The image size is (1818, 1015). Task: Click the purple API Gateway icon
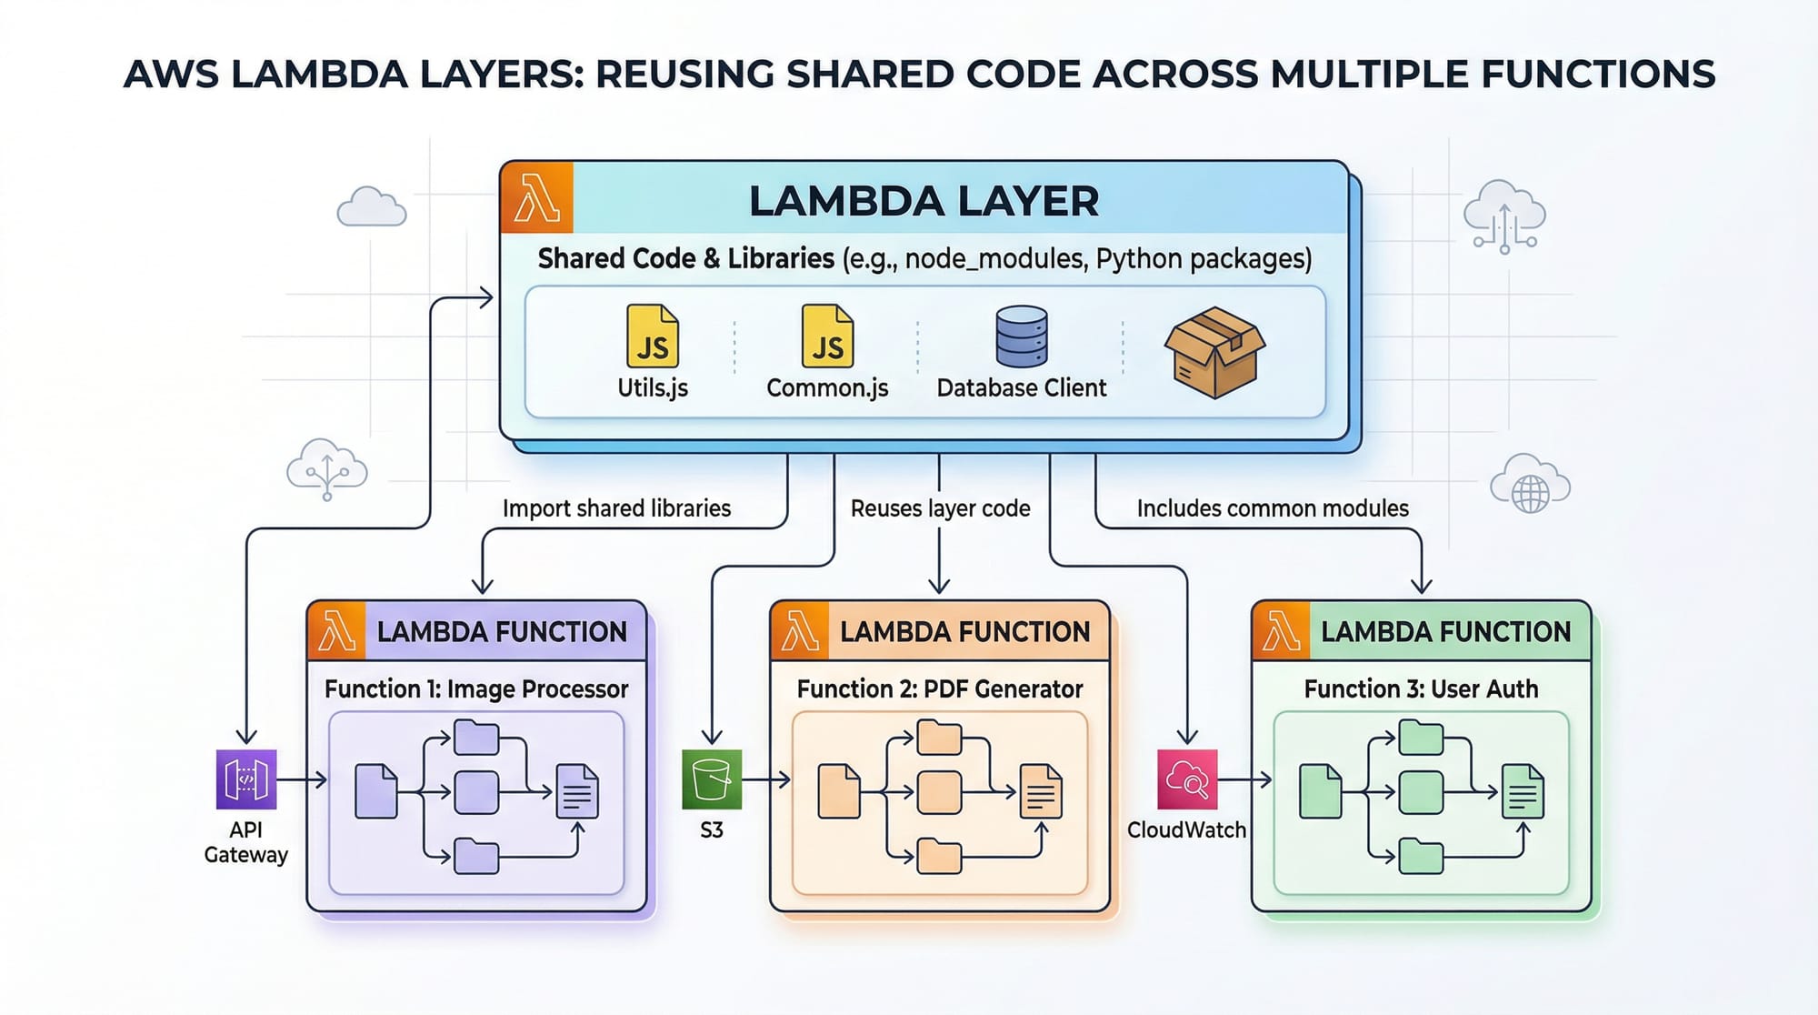246,779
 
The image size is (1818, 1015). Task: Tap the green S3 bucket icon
712,779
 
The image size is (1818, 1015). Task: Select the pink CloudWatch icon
1186,779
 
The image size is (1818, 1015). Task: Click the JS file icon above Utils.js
653,337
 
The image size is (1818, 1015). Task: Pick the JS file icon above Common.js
827,337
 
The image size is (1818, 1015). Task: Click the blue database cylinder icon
1022,337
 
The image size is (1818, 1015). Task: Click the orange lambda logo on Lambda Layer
536,198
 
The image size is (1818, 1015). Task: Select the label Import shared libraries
616,508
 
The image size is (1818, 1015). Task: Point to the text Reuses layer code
940,508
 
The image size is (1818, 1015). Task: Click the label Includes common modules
1273,508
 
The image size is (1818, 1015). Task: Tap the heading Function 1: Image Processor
476,689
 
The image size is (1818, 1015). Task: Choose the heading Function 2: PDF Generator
940,689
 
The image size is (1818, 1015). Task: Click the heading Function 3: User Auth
1421,689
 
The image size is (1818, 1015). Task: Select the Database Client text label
1022,388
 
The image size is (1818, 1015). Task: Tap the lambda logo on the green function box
1281,631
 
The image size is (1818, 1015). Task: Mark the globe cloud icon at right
1530,486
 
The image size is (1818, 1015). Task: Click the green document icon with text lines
1523,792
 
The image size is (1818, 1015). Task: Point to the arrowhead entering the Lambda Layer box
487,297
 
